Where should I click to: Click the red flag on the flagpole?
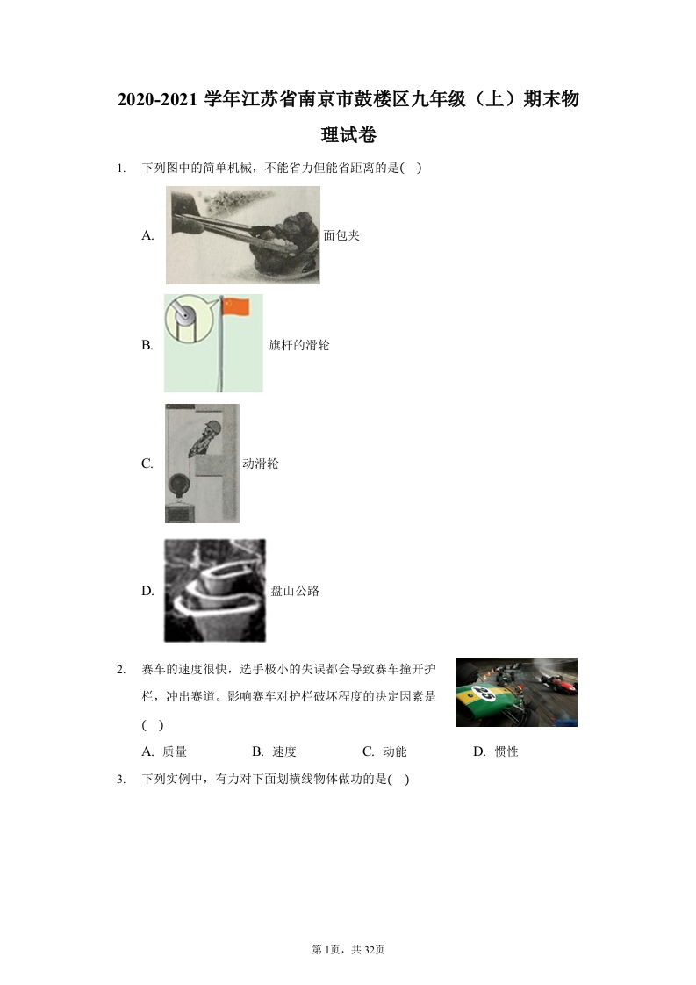237,306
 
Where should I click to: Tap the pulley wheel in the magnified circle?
184,314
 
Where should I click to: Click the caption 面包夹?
341,235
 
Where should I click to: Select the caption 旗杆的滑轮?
299,345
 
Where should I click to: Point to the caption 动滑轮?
261,464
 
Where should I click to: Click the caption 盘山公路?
295,591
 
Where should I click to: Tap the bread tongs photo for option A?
242,235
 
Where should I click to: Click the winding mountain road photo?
215,591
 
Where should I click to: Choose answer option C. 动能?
384,751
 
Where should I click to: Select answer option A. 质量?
164,751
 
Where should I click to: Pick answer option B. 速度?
274,751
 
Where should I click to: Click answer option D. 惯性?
496,751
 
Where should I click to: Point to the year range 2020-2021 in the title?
158,99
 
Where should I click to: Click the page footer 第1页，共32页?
348,950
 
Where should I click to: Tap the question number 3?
120,780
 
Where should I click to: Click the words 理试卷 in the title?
348,134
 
